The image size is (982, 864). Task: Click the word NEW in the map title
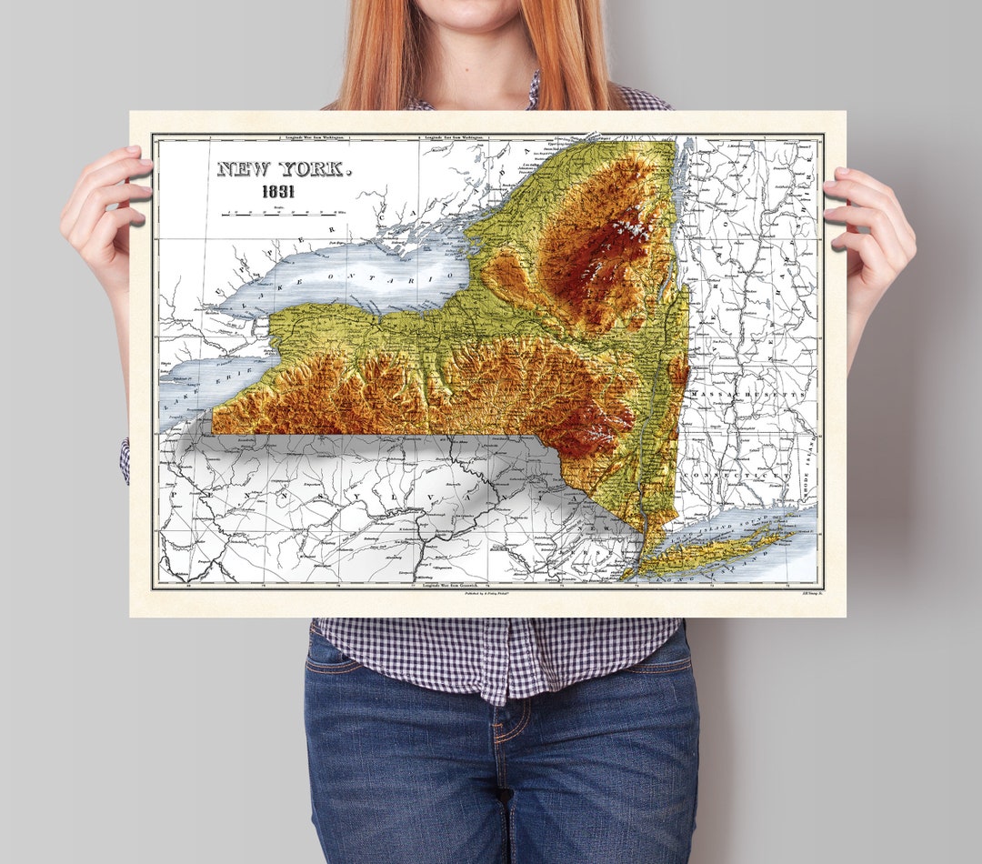tap(244, 169)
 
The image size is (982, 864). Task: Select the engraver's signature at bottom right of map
tap(802, 593)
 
